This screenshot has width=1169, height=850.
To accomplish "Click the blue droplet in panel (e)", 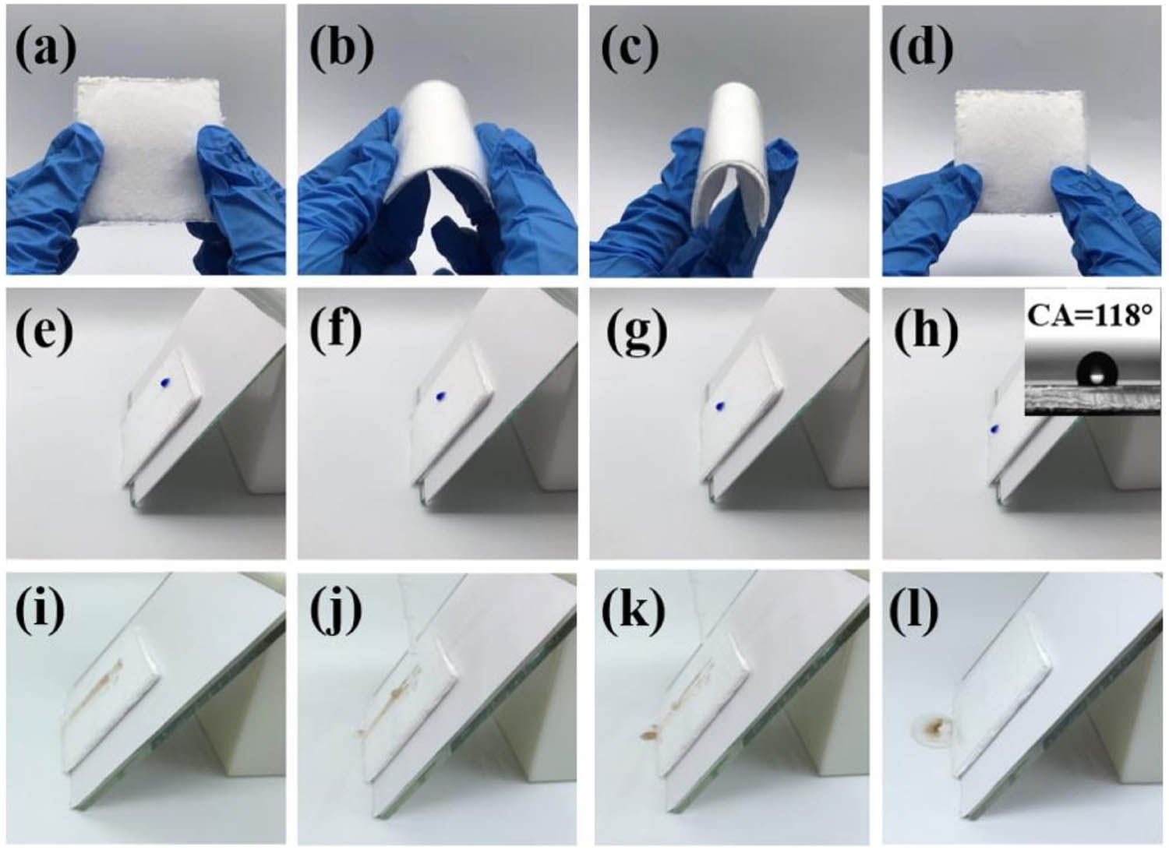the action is click(167, 383).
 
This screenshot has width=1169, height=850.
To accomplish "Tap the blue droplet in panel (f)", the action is click(440, 397).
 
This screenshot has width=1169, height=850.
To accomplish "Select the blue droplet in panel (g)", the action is click(721, 405).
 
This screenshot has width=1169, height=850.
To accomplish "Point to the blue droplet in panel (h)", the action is click(994, 430).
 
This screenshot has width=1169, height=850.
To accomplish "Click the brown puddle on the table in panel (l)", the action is click(934, 727).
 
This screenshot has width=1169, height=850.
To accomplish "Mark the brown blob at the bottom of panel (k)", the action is click(649, 734).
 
